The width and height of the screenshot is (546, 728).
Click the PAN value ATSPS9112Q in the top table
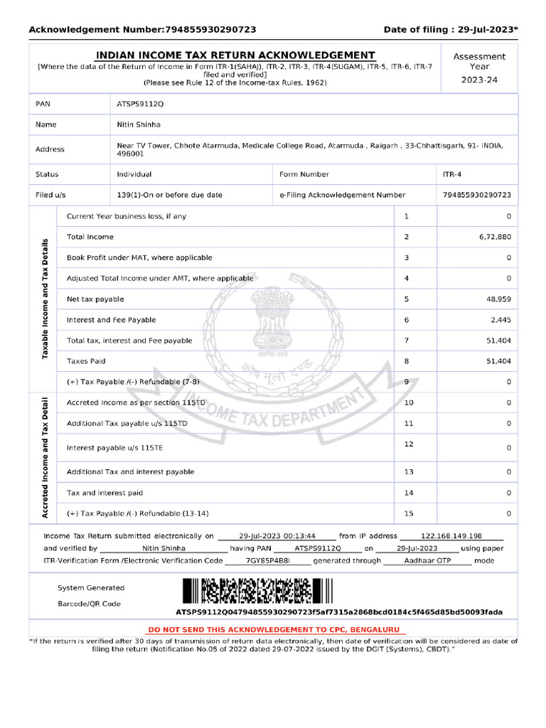140,104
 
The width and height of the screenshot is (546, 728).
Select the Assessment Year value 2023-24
479,80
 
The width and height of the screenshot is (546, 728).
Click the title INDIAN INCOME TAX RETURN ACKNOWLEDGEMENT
235,55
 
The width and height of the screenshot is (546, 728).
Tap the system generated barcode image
257,591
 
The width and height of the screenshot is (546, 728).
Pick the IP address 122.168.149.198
451,536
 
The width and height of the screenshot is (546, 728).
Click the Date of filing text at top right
451,29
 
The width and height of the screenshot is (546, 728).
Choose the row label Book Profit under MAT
139,257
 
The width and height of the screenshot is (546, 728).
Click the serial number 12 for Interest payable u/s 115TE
408,444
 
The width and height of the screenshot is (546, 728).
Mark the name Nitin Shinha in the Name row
139,124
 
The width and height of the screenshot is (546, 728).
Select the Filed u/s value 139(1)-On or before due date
169,195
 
